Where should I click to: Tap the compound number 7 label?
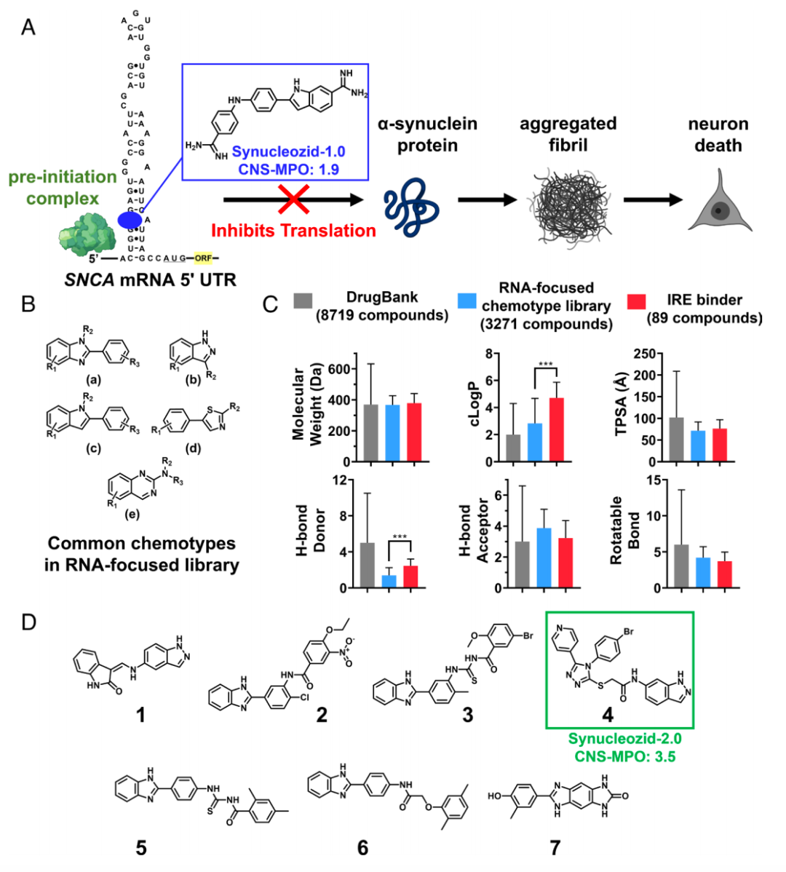[556, 847]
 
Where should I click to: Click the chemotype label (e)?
[132, 514]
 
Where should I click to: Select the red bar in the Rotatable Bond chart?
[725, 574]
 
